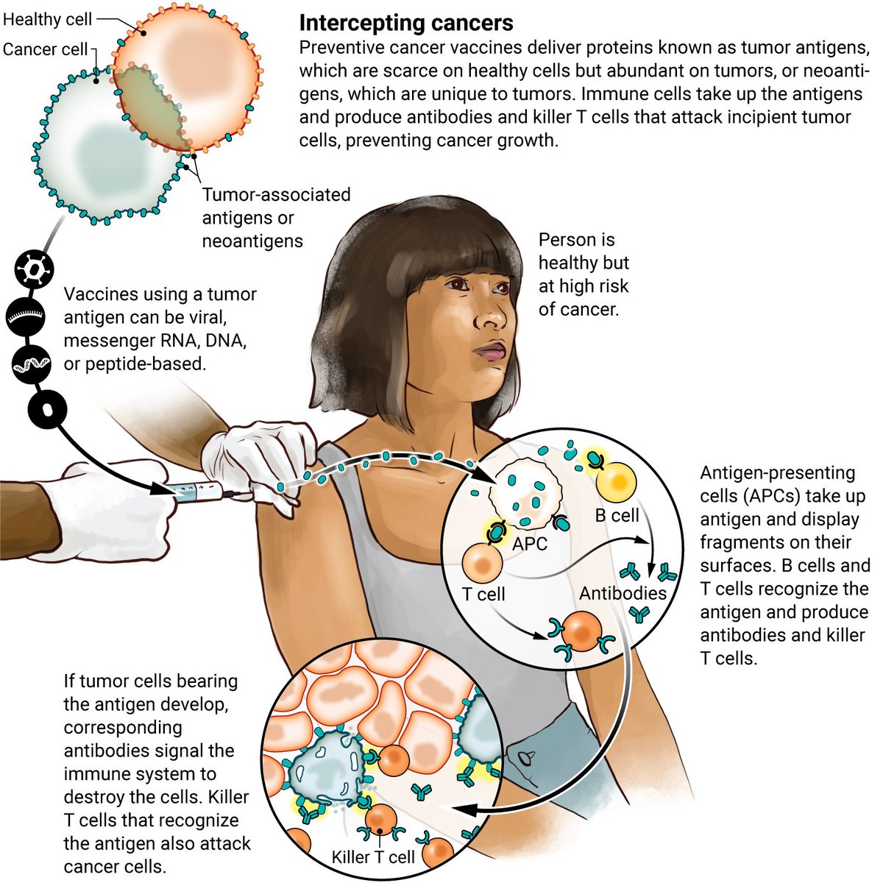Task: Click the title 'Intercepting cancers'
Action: pos(405,23)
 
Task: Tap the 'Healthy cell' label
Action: pos(47,19)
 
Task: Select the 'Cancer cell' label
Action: pos(44,49)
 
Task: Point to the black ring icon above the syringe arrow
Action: pos(47,409)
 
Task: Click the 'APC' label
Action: pos(530,545)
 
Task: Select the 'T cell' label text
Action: pos(483,593)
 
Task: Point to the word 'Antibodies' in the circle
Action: pos(623,592)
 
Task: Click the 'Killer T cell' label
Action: pos(373,857)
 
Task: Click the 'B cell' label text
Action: pos(617,515)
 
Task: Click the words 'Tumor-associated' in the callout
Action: pos(276,195)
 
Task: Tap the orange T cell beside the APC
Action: pos(482,562)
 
